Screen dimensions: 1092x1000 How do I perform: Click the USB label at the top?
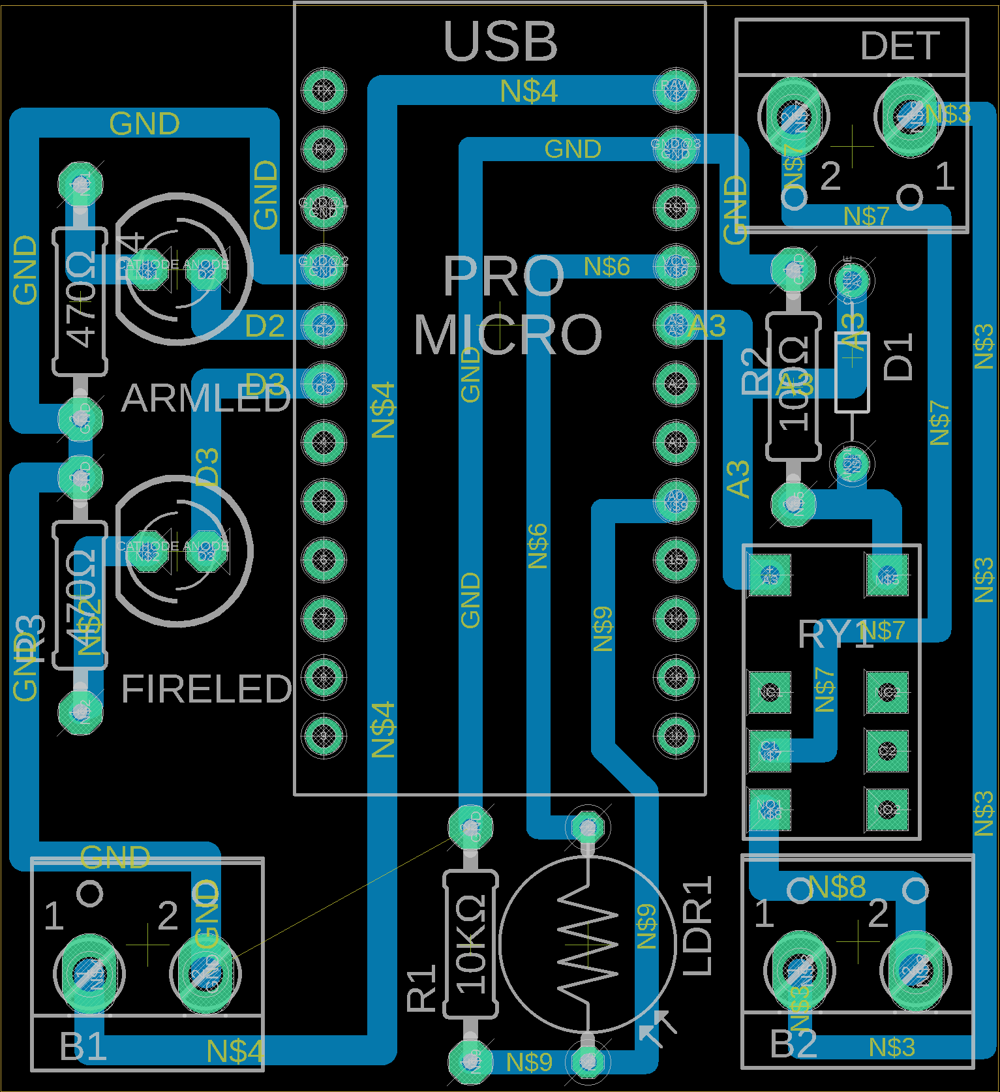(x=500, y=41)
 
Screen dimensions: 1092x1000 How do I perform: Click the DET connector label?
(x=900, y=46)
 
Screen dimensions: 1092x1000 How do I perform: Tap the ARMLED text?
(x=205, y=398)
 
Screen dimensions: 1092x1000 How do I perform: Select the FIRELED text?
(x=206, y=689)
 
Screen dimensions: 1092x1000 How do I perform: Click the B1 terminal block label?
(x=83, y=1046)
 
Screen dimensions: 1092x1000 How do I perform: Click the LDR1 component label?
(x=697, y=926)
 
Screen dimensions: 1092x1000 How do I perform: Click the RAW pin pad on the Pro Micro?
(x=675, y=89)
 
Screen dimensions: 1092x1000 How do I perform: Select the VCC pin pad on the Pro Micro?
(x=675, y=266)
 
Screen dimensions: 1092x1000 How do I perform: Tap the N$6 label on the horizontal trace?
(x=607, y=266)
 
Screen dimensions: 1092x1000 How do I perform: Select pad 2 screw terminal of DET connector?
(x=794, y=117)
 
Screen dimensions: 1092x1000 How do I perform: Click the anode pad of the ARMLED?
(x=206, y=269)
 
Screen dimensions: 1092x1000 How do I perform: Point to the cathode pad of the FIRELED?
(x=147, y=551)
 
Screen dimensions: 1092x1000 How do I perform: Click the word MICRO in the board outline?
(x=508, y=335)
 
